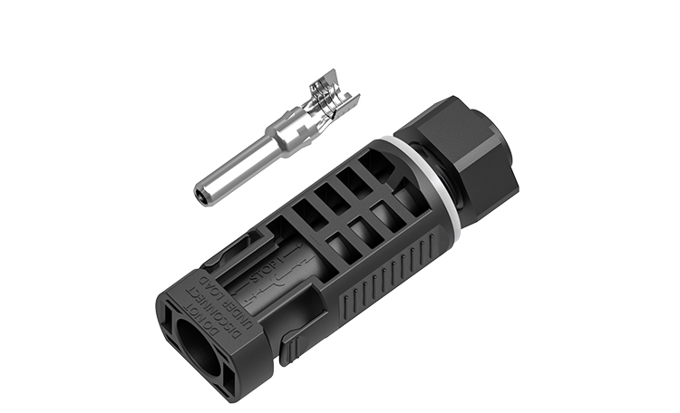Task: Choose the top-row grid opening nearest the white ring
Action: (371, 168)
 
